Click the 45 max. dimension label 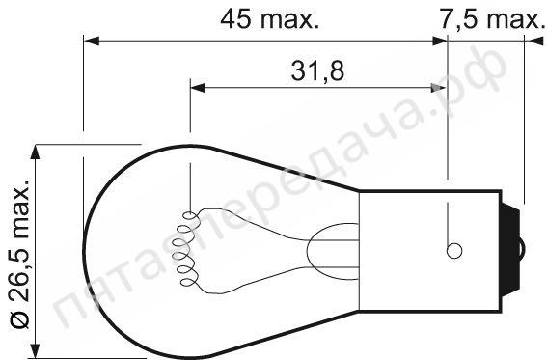[270, 19]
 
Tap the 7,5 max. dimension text [491, 19]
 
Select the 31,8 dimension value [317, 70]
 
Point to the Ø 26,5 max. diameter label [20, 255]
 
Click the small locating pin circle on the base [454, 251]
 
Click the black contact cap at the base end [510, 250]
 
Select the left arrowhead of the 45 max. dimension [92, 42]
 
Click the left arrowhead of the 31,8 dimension [198, 88]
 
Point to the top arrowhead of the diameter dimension [35, 152]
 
